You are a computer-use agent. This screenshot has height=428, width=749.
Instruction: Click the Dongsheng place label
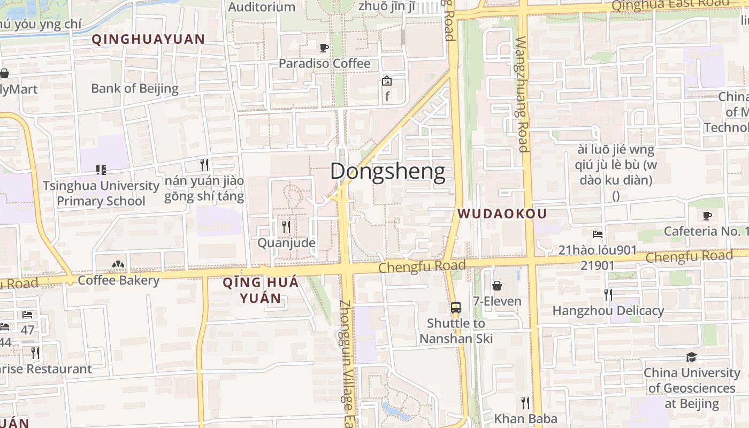(x=387, y=172)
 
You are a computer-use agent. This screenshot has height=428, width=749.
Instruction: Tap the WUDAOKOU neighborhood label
(x=502, y=214)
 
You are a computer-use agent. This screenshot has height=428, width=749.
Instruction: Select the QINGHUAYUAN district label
(x=148, y=39)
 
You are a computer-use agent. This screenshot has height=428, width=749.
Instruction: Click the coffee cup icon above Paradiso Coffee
(x=324, y=48)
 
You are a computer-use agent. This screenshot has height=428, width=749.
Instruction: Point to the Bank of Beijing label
(x=134, y=88)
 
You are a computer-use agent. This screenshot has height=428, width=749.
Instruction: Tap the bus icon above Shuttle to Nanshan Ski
(x=455, y=308)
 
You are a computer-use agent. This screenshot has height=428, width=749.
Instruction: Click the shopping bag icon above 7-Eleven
(x=497, y=286)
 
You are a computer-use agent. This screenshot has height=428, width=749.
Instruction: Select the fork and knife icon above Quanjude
(x=286, y=227)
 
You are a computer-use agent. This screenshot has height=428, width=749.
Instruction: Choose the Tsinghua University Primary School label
(x=101, y=194)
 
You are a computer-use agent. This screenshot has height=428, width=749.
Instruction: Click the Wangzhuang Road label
(x=522, y=94)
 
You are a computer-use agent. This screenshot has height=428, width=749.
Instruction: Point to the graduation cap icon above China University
(x=692, y=357)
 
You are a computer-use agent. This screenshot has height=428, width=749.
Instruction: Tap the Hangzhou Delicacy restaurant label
(x=608, y=310)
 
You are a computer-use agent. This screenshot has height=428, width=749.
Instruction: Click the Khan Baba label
(x=525, y=418)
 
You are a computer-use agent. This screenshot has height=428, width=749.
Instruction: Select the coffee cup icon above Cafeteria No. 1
(x=707, y=216)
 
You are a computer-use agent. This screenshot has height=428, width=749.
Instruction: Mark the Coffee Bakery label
(x=119, y=280)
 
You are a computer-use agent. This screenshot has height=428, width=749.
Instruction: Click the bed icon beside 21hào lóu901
(x=598, y=234)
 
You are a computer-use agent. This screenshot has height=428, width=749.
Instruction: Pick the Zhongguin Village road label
(x=347, y=355)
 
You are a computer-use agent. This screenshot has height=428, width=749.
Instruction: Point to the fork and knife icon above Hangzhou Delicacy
(x=608, y=294)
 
